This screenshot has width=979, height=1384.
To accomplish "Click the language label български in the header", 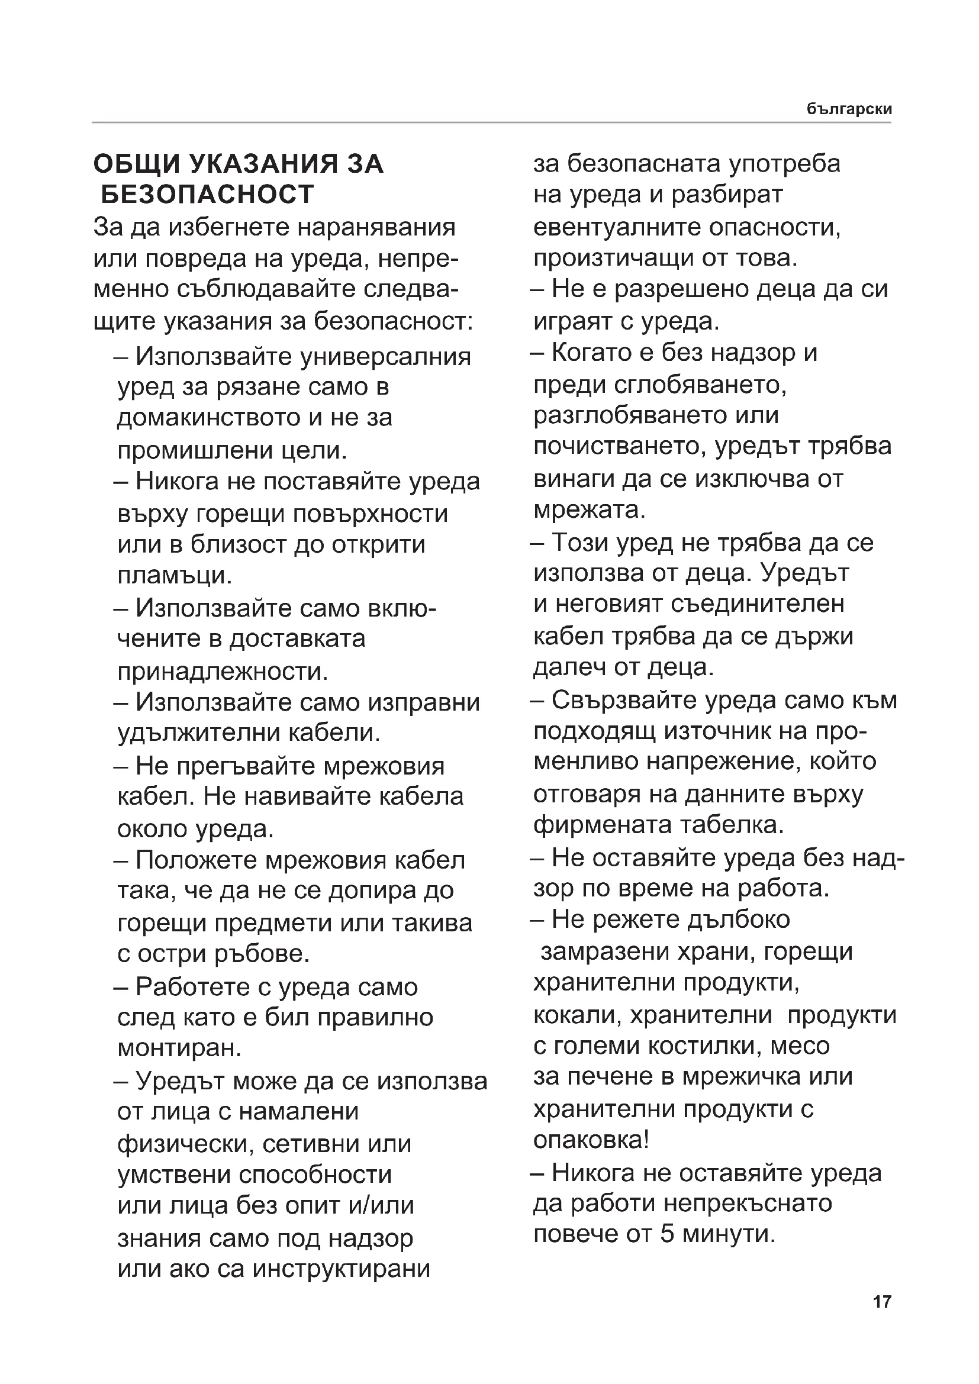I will tap(849, 109).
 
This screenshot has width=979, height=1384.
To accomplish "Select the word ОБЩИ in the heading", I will tap(136, 164).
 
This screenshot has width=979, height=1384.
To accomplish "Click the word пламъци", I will tap(174, 575).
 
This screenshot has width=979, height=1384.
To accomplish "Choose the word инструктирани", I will tap(341, 1269).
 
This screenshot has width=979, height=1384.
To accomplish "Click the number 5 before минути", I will tap(666, 1234).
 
